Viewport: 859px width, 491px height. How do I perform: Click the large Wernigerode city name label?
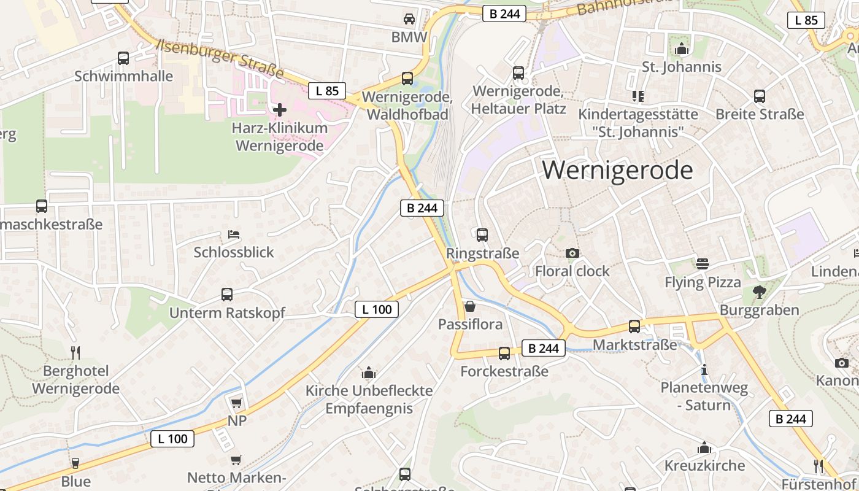click(617, 170)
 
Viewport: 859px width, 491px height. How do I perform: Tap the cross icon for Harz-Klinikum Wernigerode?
click(280, 110)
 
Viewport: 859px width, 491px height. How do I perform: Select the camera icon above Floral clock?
click(572, 253)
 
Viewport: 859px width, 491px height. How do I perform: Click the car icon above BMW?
click(409, 19)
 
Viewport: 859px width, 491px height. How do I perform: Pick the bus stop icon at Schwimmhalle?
click(123, 58)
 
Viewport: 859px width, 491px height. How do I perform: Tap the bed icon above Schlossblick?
click(234, 234)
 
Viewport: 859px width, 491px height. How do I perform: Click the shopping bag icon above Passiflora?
click(470, 306)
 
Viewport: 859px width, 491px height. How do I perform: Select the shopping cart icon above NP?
click(237, 403)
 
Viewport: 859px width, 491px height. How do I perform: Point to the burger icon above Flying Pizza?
click(703, 264)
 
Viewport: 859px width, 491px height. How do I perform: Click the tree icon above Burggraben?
click(760, 292)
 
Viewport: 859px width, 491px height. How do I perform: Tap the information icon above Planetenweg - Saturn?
click(704, 370)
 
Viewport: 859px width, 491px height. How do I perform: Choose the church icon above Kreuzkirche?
click(704, 447)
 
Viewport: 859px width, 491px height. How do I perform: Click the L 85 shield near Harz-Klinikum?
click(327, 91)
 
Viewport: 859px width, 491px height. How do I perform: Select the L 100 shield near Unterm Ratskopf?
click(377, 309)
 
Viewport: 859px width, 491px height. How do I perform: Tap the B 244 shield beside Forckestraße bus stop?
click(543, 348)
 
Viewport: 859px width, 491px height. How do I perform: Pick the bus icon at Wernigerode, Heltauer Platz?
click(518, 73)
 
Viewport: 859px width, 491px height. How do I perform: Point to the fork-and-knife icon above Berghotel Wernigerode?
click(75, 352)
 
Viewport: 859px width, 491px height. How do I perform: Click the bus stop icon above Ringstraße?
click(482, 234)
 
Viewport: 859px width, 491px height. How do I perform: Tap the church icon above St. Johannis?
click(681, 48)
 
